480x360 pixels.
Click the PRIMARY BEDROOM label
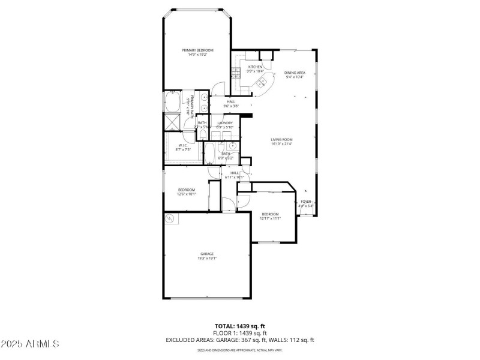[x=198, y=50]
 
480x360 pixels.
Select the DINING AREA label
[x=295, y=73]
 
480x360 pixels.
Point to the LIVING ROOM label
[x=281, y=139]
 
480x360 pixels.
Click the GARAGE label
[x=207, y=254]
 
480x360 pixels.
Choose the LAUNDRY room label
[x=225, y=123]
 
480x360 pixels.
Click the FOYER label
[x=306, y=202]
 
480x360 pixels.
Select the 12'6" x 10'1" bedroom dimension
[x=187, y=194]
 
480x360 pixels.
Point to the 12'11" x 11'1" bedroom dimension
[x=270, y=218]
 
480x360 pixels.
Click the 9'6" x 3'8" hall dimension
[x=231, y=106]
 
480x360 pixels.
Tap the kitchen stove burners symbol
[x=236, y=74]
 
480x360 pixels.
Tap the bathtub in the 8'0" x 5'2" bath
[x=211, y=153]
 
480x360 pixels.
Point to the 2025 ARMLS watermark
[x=30, y=344]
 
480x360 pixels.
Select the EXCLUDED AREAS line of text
[x=240, y=340]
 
